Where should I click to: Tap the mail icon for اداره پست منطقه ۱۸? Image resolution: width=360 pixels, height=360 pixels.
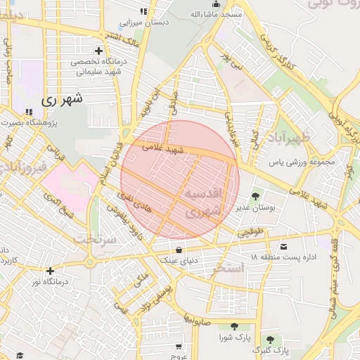pyautogui.click(x=284, y=247)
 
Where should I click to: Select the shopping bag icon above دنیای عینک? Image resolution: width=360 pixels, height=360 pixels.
pyautogui.click(x=179, y=249)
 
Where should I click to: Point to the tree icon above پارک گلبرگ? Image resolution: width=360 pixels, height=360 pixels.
pyautogui.click(x=269, y=340)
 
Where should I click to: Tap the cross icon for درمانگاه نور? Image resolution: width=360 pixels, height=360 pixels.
pyautogui.click(x=49, y=271)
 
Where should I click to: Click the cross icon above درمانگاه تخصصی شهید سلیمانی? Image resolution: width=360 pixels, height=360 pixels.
pyautogui.click(x=98, y=51)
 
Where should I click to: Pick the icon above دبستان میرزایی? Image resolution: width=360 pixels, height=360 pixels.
pyautogui.click(x=144, y=11)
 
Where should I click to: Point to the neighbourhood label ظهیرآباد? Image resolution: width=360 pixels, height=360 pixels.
pyautogui.click(x=289, y=136)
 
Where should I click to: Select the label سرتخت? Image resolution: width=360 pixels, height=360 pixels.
pyautogui.click(x=94, y=238)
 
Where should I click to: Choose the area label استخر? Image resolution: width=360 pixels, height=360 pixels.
pyautogui.click(x=247, y=269)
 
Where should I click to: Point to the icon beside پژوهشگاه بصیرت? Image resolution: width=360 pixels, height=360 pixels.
pyautogui.click(x=29, y=112)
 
